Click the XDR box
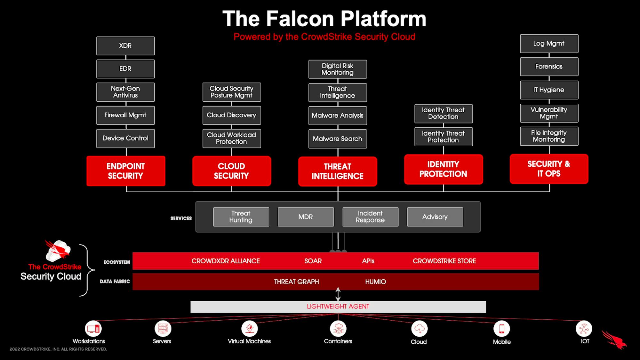tap(125, 46)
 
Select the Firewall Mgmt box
tap(125, 115)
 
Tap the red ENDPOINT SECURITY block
tap(126, 171)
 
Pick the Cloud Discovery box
tap(232, 115)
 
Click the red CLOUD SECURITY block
tap(232, 171)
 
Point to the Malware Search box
tap(338, 139)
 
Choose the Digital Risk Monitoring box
tap(338, 69)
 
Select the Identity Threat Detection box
tap(444, 114)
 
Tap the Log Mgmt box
tap(549, 44)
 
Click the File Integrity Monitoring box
tap(549, 136)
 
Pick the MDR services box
tap(306, 217)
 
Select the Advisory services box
tap(435, 217)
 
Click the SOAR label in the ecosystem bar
tap(313, 261)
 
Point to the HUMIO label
tap(376, 282)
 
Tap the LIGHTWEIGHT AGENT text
tap(338, 307)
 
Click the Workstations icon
tap(93, 329)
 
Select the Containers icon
tap(338, 329)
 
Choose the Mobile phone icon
tap(502, 329)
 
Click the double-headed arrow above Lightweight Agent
tap(338, 294)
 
